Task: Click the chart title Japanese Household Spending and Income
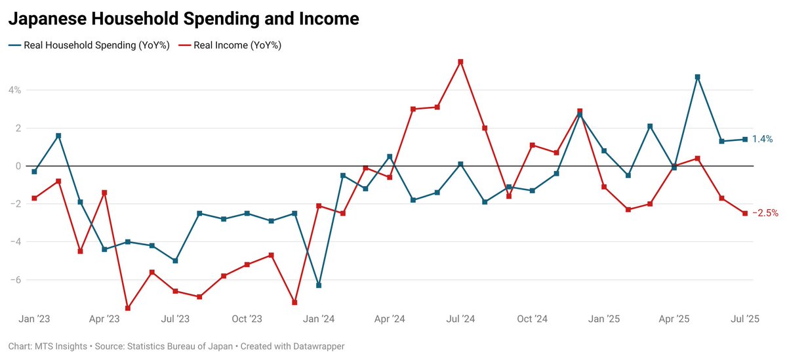[183, 19]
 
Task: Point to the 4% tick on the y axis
[14, 90]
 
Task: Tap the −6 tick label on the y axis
[14, 279]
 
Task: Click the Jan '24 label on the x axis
[319, 319]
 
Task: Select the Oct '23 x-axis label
[247, 319]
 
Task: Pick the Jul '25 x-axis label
[744, 319]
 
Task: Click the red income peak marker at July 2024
[460, 62]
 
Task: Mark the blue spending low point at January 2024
[319, 285]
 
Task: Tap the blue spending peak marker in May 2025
[697, 77]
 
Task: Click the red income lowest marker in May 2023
[128, 308]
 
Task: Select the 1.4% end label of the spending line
[762, 139]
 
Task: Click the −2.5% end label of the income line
[765, 213]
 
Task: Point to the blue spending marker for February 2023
[58, 136]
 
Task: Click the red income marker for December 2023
[294, 302]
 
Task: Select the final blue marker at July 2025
[744, 139]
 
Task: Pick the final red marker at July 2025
[744, 213]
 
